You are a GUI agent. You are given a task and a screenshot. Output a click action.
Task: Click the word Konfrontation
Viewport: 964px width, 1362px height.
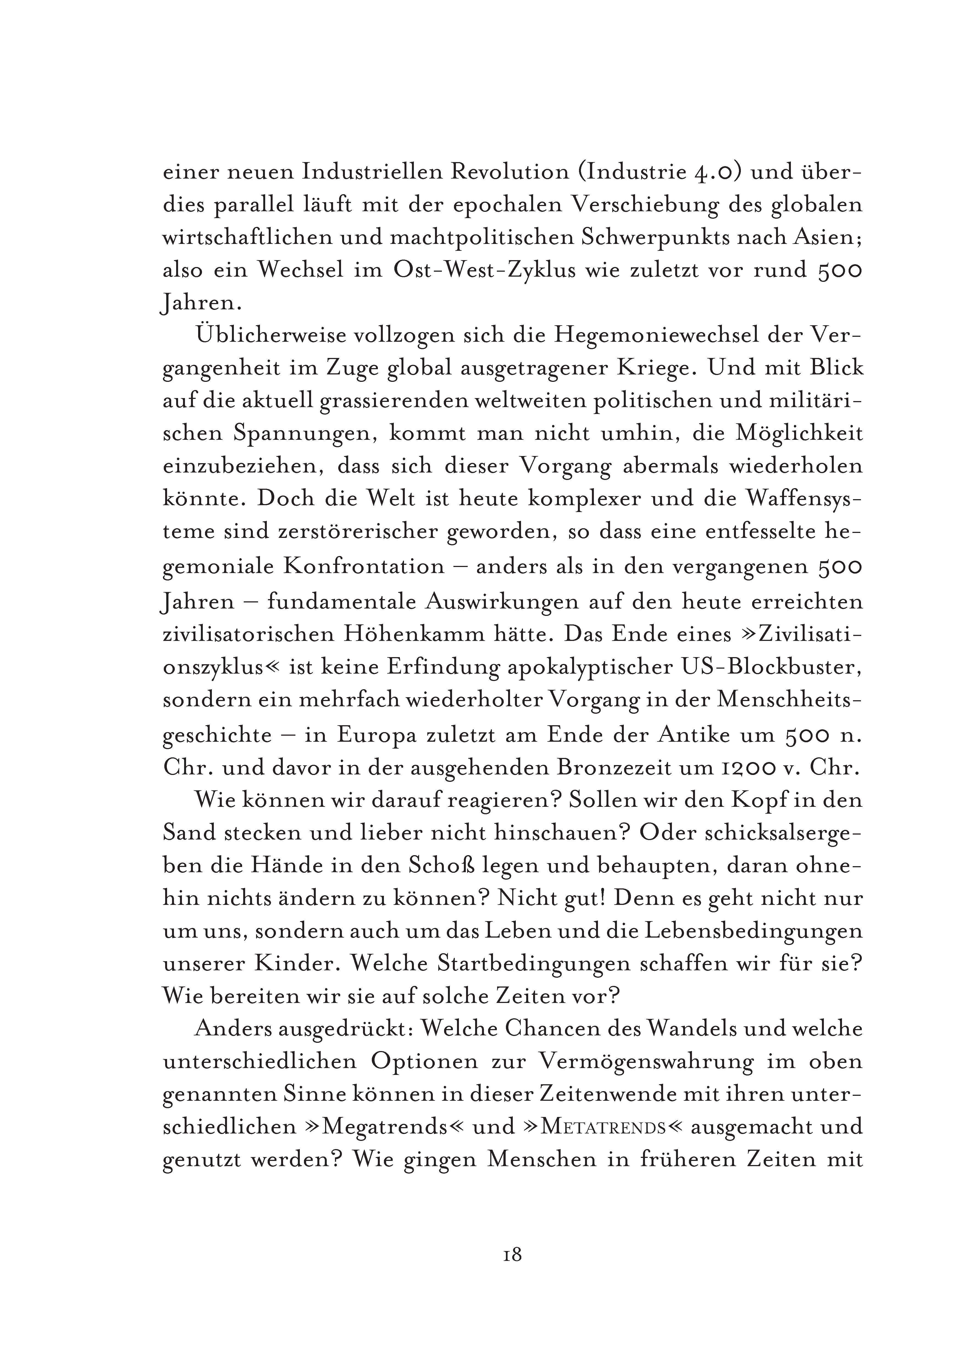(x=363, y=566)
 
